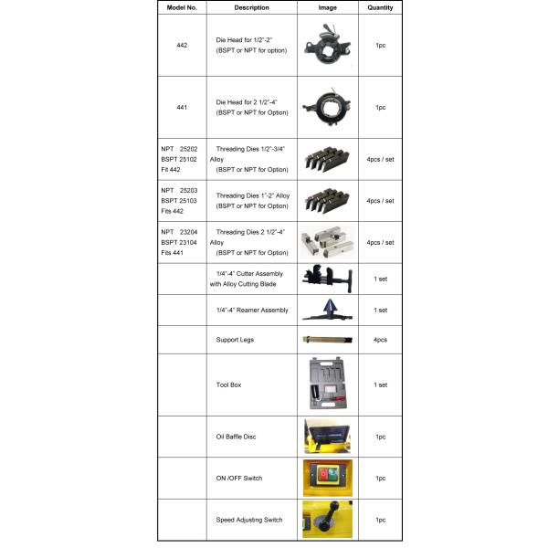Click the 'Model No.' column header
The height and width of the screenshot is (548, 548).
point(182,7)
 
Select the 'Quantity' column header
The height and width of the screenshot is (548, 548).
point(380,7)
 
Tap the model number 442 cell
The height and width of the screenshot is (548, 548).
point(182,45)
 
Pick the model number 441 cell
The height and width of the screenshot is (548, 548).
point(182,107)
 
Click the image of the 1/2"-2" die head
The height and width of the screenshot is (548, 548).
point(327,44)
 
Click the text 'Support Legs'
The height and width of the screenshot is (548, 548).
point(236,339)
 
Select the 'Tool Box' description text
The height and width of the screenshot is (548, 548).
point(228,385)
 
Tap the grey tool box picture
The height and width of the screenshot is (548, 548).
point(326,384)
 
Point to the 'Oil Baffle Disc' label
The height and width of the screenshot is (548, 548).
point(237,437)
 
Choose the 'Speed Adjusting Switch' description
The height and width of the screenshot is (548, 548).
point(249,520)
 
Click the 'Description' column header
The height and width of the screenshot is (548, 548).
point(251,7)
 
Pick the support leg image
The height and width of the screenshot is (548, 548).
point(326,340)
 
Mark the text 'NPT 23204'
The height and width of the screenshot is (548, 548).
point(181,233)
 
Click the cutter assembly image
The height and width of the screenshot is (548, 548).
point(326,278)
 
